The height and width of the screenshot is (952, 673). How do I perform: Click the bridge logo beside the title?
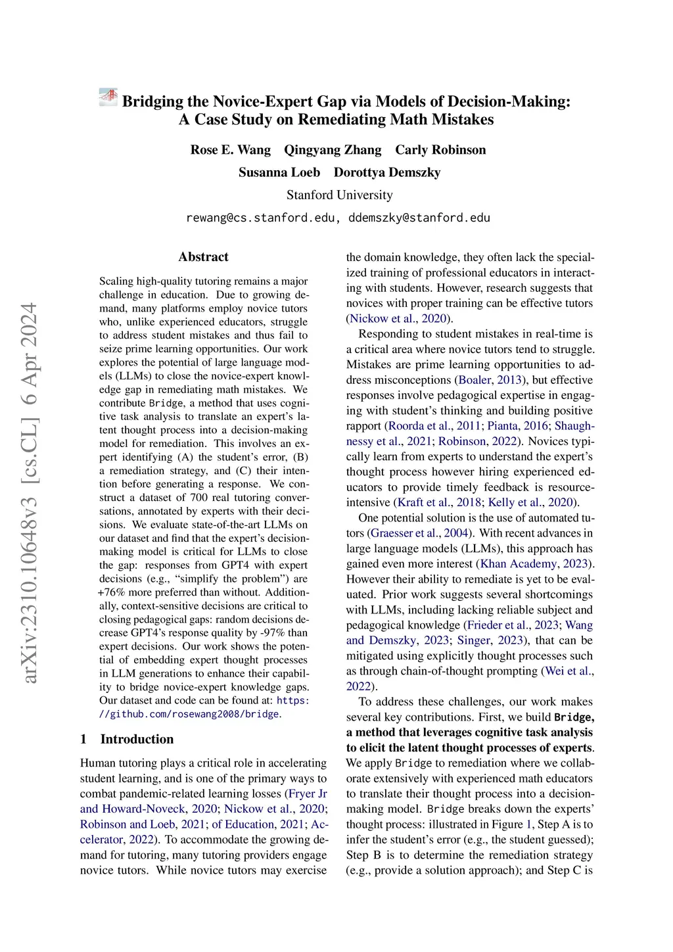pos(108,97)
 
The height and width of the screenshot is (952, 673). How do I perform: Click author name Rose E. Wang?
pos(230,150)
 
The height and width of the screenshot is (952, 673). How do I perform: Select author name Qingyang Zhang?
pos(333,150)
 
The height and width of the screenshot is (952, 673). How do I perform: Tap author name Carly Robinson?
pos(440,150)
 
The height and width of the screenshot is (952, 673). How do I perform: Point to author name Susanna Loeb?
pos(279,172)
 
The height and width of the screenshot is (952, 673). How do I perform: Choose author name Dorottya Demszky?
pos(387,172)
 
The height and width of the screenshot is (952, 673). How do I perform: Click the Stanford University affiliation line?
pos(339,195)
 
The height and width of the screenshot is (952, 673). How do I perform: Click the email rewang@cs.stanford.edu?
pos(262,218)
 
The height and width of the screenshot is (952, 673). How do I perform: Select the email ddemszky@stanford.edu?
pos(419,218)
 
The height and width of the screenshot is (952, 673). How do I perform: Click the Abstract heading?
pos(204,257)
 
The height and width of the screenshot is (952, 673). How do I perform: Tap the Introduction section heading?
pos(137,739)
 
